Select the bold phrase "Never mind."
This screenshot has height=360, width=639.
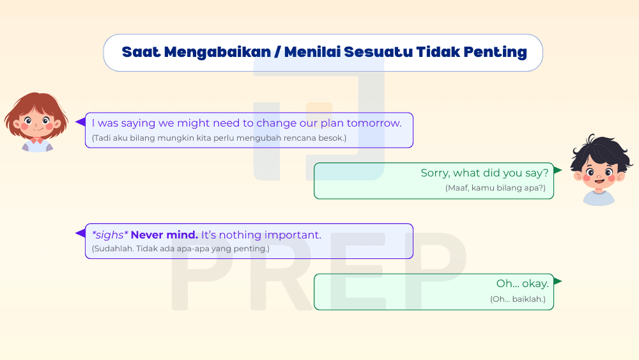[164, 235]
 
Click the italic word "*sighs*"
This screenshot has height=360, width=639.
[110, 235]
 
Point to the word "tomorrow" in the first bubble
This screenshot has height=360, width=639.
[373, 123]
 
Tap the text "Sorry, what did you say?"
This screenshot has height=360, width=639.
[484, 173]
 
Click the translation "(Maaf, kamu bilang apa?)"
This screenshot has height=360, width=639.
[495, 188]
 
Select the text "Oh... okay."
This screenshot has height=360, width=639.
[522, 283]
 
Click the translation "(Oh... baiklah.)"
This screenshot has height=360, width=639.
[518, 299]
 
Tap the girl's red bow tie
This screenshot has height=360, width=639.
[36, 140]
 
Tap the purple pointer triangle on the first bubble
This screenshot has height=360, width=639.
[81, 121]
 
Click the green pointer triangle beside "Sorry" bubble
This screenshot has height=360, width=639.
[558, 170]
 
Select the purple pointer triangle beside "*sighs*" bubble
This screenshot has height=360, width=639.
[81, 233]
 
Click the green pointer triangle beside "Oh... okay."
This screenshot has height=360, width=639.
[558, 281]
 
